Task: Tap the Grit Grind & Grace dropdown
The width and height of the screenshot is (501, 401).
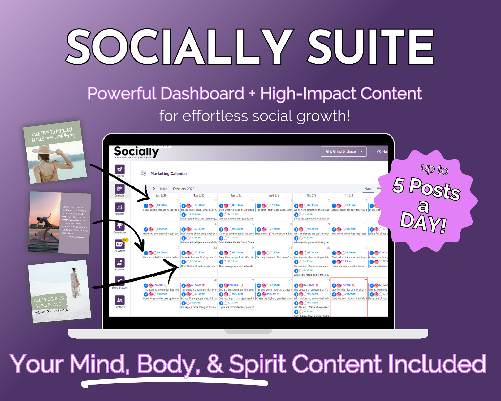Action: tap(343, 151)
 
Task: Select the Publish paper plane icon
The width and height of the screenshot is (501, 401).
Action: tap(119, 169)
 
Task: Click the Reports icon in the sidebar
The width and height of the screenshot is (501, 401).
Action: tap(119, 208)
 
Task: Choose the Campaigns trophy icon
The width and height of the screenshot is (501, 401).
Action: tap(119, 226)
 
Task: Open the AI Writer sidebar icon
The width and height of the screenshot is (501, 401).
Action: tap(119, 244)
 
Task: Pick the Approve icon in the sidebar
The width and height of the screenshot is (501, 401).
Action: tap(119, 263)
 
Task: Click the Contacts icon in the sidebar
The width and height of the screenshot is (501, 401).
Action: tap(119, 300)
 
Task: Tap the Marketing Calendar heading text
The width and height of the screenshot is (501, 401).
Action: tap(169, 174)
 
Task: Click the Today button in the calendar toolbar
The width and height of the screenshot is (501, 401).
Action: tap(163, 189)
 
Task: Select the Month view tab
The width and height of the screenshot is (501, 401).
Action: tap(368, 189)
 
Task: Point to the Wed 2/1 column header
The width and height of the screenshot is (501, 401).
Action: tap(273, 195)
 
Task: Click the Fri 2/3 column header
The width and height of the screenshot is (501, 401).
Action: tap(349, 195)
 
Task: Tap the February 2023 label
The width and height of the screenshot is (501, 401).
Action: tap(184, 189)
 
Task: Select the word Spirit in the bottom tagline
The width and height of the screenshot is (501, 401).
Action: tap(257, 364)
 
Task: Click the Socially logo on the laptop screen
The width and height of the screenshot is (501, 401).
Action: tap(136, 152)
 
